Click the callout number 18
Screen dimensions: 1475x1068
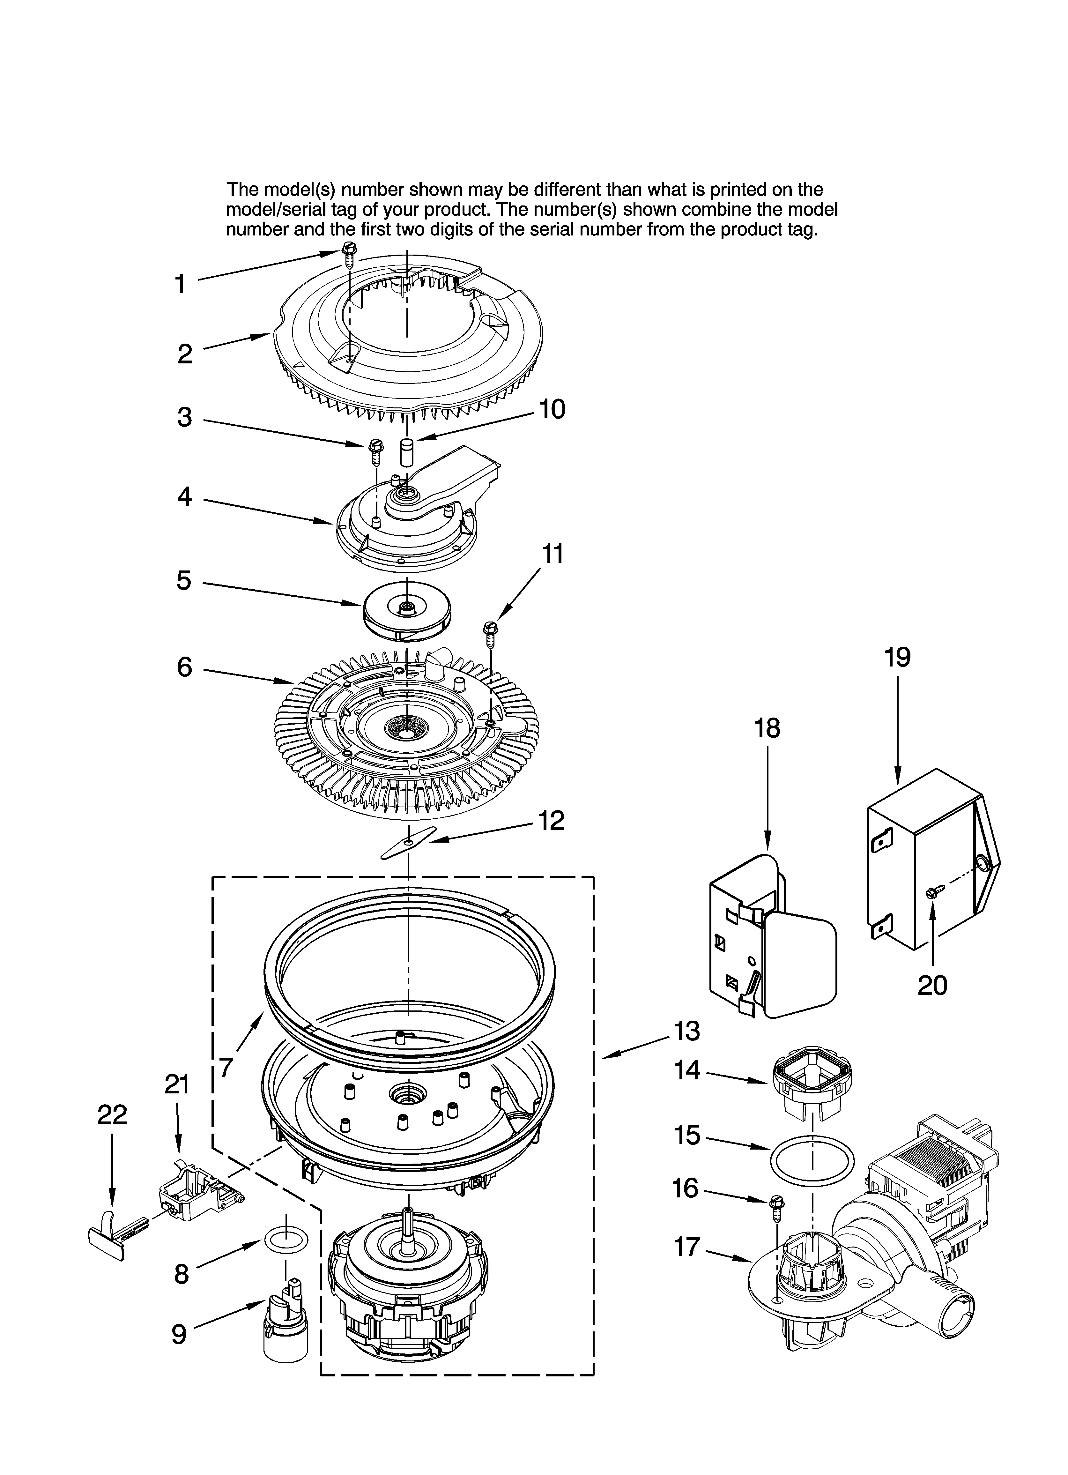tap(768, 728)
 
